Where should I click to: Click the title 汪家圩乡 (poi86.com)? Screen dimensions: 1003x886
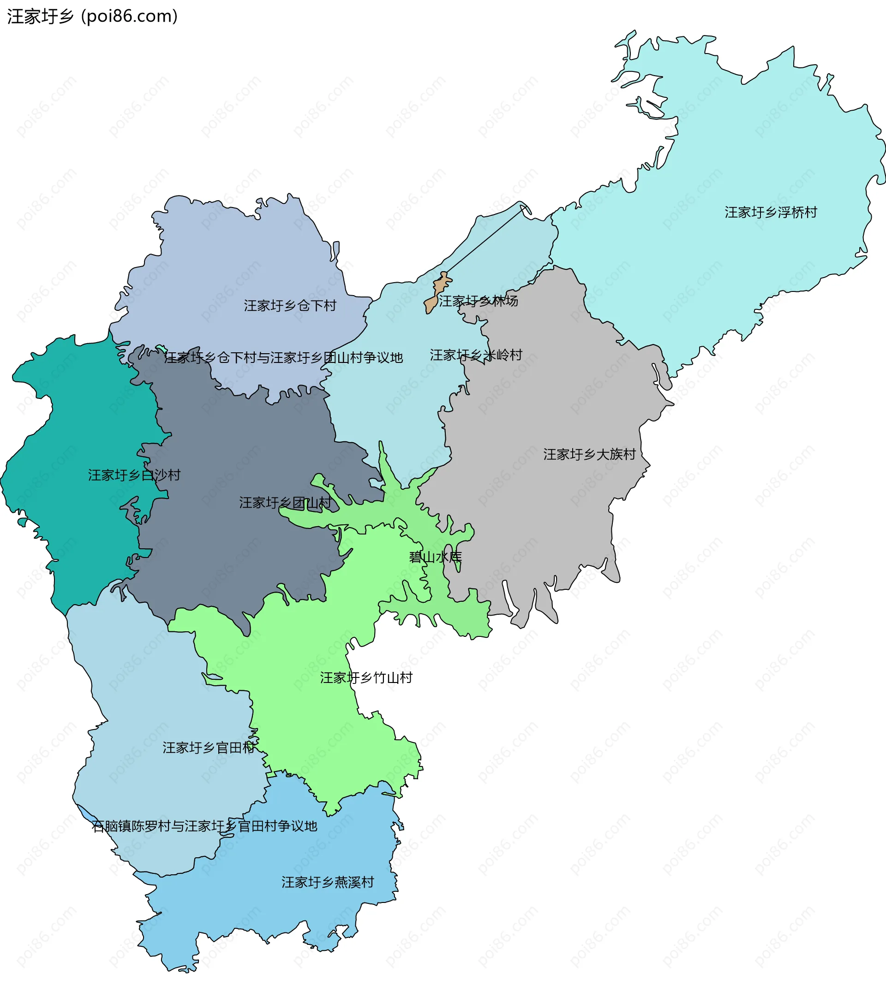point(92,16)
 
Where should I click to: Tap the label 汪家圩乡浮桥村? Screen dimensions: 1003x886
point(771,213)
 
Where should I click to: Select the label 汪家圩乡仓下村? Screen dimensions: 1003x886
point(290,306)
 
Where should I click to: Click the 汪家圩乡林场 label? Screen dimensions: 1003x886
point(478,301)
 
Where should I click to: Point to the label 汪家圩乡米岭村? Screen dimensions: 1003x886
point(475,355)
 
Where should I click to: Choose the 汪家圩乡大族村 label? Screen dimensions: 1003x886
point(589,454)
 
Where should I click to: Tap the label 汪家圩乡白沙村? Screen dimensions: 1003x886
point(134,475)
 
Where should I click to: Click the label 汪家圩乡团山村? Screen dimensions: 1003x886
point(285,503)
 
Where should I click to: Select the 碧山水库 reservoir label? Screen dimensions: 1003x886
point(435,557)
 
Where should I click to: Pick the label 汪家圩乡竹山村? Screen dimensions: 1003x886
point(366,678)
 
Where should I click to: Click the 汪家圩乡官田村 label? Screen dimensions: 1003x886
point(209,748)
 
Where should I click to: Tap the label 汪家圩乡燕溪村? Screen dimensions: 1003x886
point(328,882)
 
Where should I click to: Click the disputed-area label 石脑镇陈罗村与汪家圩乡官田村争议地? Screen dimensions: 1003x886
point(204,826)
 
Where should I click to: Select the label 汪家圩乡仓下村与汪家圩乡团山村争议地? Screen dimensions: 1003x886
point(283,358)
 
